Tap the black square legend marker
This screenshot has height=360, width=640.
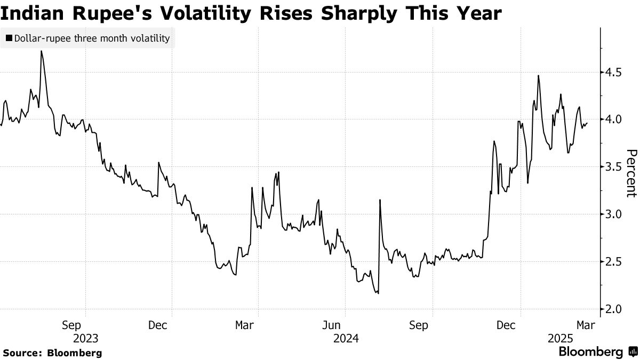(9, 38)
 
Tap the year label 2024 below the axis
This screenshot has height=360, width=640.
(346, 339)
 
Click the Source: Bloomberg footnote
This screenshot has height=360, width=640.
(52, 353)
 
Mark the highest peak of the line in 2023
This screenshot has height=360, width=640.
(41, 51)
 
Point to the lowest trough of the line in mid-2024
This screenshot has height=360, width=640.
(378, 293)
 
